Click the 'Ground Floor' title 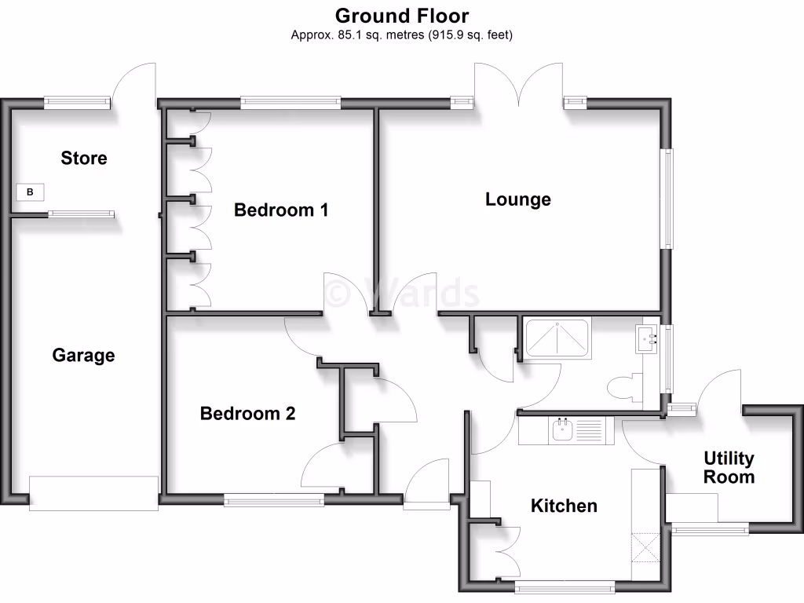coord(402,16)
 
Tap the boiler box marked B coord(31,192)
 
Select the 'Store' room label coord(84,158)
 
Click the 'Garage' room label coord(83,356)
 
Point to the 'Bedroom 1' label coord(281,210)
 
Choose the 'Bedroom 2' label coord(247,414)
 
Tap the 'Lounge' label coord(518,199)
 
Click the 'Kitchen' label coord(564,506)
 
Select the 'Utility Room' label coord(729,467)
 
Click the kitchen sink coord(563,429)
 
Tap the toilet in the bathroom coord(625,388)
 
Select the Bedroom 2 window coord(274,499)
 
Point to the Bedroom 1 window coord(291,101)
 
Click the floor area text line coord(402,35)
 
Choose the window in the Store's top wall coord(77,101)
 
